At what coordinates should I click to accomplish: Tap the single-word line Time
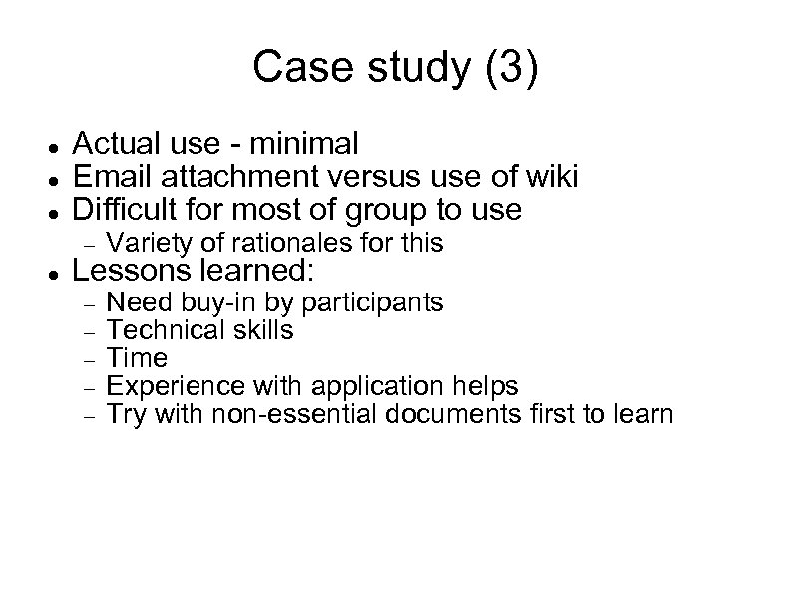136,357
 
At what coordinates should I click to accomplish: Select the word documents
450,413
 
